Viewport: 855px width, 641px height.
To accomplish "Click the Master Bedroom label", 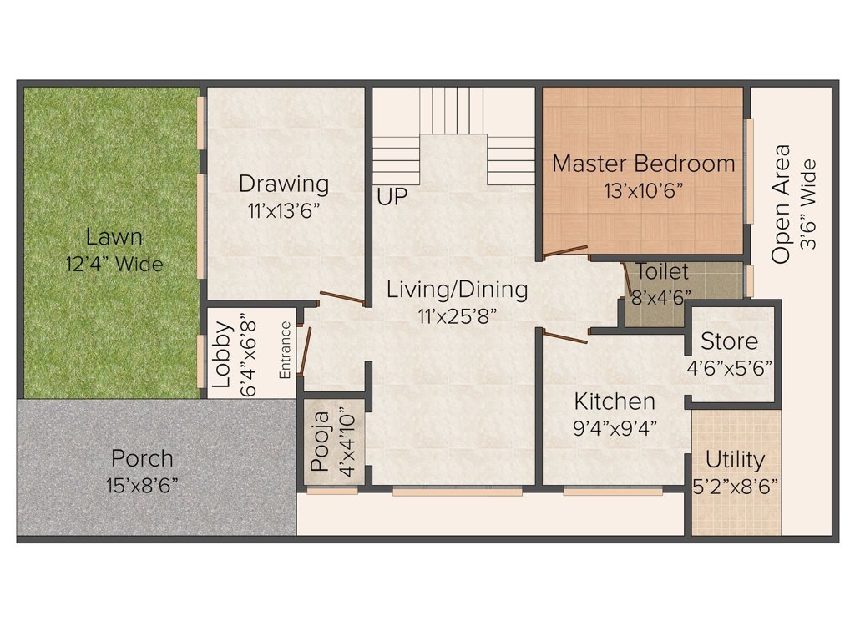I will (644, 164).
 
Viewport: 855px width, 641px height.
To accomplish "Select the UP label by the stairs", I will (392, 199).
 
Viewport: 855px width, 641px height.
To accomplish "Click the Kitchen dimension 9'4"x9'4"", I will (615, 428).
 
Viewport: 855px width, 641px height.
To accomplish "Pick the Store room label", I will (729, 341).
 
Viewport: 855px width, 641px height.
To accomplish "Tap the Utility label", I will (735, 460).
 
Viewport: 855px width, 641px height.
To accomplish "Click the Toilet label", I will (662, 272).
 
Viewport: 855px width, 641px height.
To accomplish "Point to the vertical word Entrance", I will (286, 351).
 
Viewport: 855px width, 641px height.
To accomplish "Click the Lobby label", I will (221, 355).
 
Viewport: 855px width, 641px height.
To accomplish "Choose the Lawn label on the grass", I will (114, 237).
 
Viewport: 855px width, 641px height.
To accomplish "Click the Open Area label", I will (781, 204).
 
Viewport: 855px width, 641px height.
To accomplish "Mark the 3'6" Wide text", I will (808, 204).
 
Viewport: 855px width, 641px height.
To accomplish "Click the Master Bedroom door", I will (565, 250).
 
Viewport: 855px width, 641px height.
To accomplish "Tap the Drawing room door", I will (342, 298).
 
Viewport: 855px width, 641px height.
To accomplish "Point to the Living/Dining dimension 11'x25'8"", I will (458, 316).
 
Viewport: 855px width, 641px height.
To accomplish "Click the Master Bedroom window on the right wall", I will (749, 171).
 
